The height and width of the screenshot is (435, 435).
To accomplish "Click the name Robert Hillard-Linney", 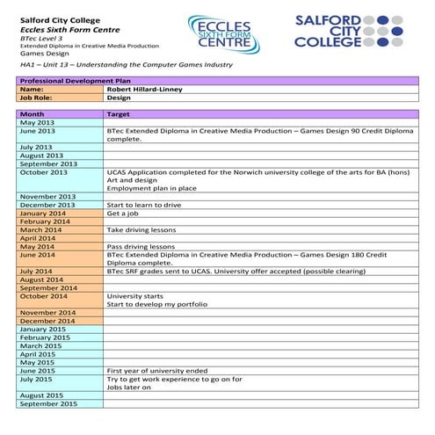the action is pos(145,90).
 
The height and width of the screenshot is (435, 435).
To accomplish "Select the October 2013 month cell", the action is pos(43,172).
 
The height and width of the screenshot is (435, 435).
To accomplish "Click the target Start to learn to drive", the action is pos(145,205).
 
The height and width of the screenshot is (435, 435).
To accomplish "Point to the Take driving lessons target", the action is pos(141,230).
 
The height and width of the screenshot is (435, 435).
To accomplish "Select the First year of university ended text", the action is pos(157,371).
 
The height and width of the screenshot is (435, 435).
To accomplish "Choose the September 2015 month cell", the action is pos(47,404).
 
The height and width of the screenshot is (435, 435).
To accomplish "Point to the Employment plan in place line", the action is pos(149,188).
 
